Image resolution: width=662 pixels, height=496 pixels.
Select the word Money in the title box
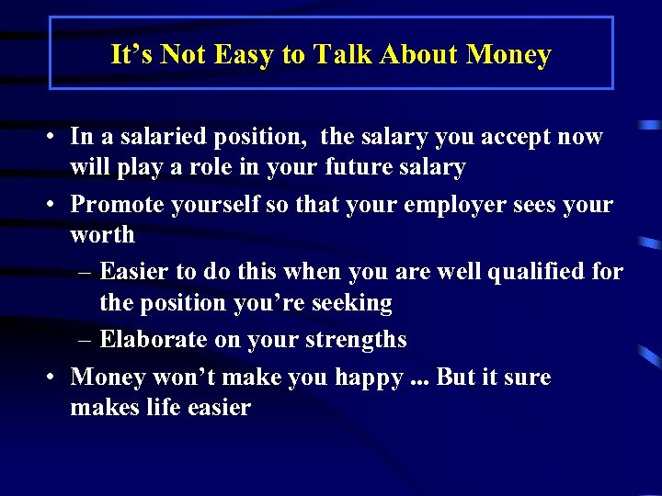pyautogui.click(x=508, y=55)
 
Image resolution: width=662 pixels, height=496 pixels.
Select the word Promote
pyautogui.click(x=115, y=204)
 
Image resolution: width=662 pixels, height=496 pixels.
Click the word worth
pyautogui.click(x=102, y=235)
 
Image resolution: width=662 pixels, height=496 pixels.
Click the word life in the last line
pyautogui.click(x=168, y=408)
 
